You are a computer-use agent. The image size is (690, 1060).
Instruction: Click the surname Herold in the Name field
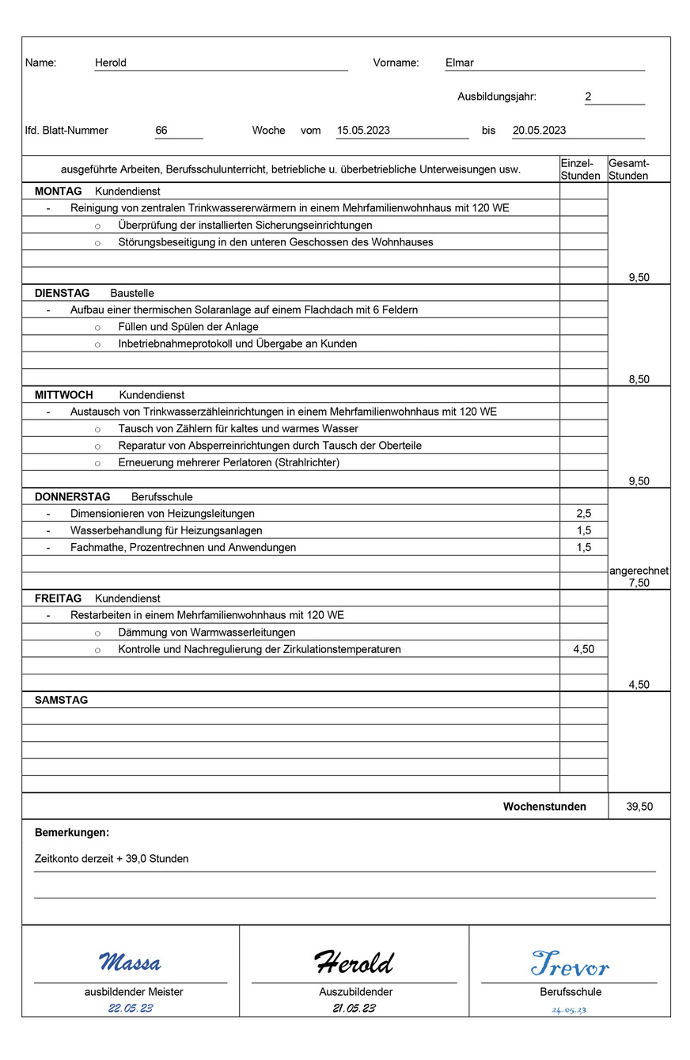[x=111, y=63]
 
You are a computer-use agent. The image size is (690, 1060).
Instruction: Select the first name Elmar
[x=460, y=63]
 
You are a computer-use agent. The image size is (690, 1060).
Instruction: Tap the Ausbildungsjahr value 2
[x=588, y=97]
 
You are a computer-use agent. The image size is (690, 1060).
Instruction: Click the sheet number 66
[x=161, y=131]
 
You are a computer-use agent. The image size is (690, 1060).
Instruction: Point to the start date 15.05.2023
[x=363, y=131]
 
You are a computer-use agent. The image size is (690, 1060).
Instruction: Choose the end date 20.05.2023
[x=539, y=131]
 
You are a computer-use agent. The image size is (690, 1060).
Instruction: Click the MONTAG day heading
[x=59, y=192]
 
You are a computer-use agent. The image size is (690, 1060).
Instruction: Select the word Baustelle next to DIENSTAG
[x=131, y=293]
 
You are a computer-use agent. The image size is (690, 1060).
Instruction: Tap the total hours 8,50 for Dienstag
[x=639, y=379]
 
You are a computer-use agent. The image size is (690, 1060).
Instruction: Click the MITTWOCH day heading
[x=64, y=395]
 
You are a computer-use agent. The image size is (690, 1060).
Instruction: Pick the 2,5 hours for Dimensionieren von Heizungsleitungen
[x=584, y=514]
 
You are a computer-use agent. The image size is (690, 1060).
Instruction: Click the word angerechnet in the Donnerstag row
[x=639, y=571]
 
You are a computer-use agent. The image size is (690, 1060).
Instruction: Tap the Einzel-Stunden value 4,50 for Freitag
[x=584, y=649]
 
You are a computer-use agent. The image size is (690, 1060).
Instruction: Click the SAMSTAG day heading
[x=62, y=701]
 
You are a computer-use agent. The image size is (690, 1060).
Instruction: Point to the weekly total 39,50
[x=639, y=807]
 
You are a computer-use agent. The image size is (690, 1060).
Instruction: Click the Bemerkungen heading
[x=72, y=833]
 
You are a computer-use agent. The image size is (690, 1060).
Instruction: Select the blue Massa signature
[x=130, y=963]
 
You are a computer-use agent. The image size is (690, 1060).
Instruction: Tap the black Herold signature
[x=354, y=963]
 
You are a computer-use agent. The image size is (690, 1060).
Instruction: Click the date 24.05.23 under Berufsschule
[x=569, y=1010]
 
